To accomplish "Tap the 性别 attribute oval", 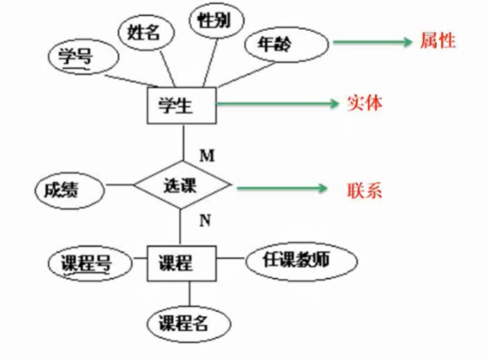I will coord(216,21).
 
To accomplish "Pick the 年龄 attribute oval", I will coord(286,44).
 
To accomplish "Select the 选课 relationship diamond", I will coord(181,185).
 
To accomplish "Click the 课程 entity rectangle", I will coord(181,263).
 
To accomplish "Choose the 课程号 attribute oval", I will coord(87,263).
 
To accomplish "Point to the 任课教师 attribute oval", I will coord(300,261).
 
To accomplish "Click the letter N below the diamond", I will coord(205,220).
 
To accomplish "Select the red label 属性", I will coord(438,42).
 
